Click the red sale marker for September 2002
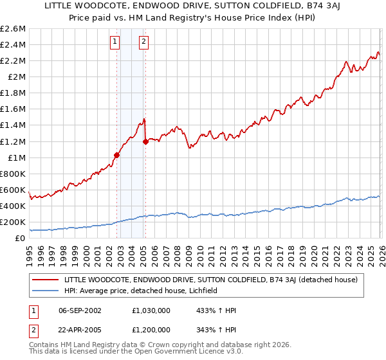tap(116, 155)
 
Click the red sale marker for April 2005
tap(145, 141)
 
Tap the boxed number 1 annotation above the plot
tap(115, 42)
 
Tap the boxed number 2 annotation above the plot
tap(143, 42)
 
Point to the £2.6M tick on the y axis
tap(13, 29)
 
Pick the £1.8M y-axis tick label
tap(13, 93)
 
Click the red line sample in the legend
tap(46, 280)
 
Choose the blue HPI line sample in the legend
tap(46, 291)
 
